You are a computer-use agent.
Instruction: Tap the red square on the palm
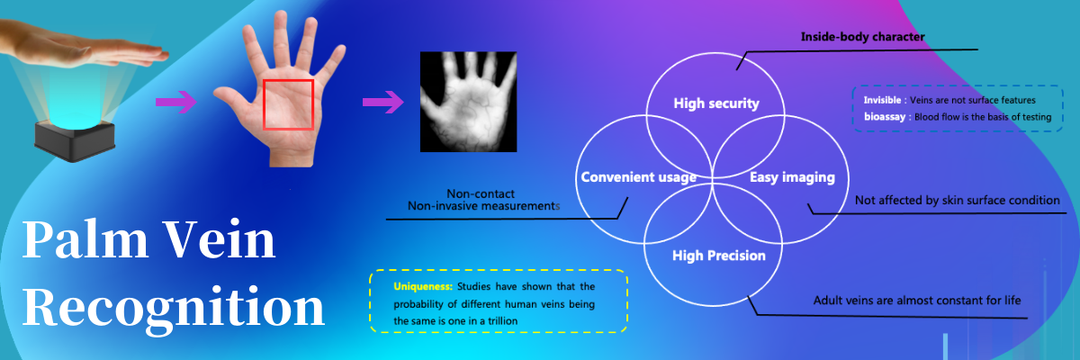(288, 80)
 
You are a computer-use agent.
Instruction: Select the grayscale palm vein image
(468, 102)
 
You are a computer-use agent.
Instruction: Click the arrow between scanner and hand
(176, 102)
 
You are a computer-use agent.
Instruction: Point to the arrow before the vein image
(383, 102)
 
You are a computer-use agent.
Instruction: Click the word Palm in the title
(85, 239)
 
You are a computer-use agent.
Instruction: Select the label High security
(716, 103)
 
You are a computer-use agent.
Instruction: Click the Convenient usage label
(638, 177)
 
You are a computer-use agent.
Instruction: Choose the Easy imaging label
(792, 177)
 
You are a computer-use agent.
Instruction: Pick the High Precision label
(719, 256)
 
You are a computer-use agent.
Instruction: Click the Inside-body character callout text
(862, 37)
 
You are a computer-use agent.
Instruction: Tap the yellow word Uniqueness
(423, 286)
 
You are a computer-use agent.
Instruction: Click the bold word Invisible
(882, 100)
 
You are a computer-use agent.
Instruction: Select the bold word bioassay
(884, 117)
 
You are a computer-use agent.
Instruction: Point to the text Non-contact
(481, 193)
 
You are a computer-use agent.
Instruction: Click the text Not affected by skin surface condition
(957, 200)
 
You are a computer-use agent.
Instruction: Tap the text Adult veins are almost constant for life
(917, 301)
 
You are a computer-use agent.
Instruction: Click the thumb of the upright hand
(232, 100)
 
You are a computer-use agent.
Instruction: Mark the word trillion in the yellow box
(502, 321)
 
